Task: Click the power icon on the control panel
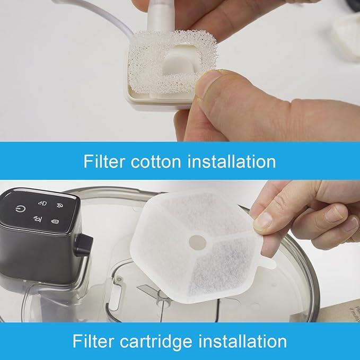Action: click(19, 209)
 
